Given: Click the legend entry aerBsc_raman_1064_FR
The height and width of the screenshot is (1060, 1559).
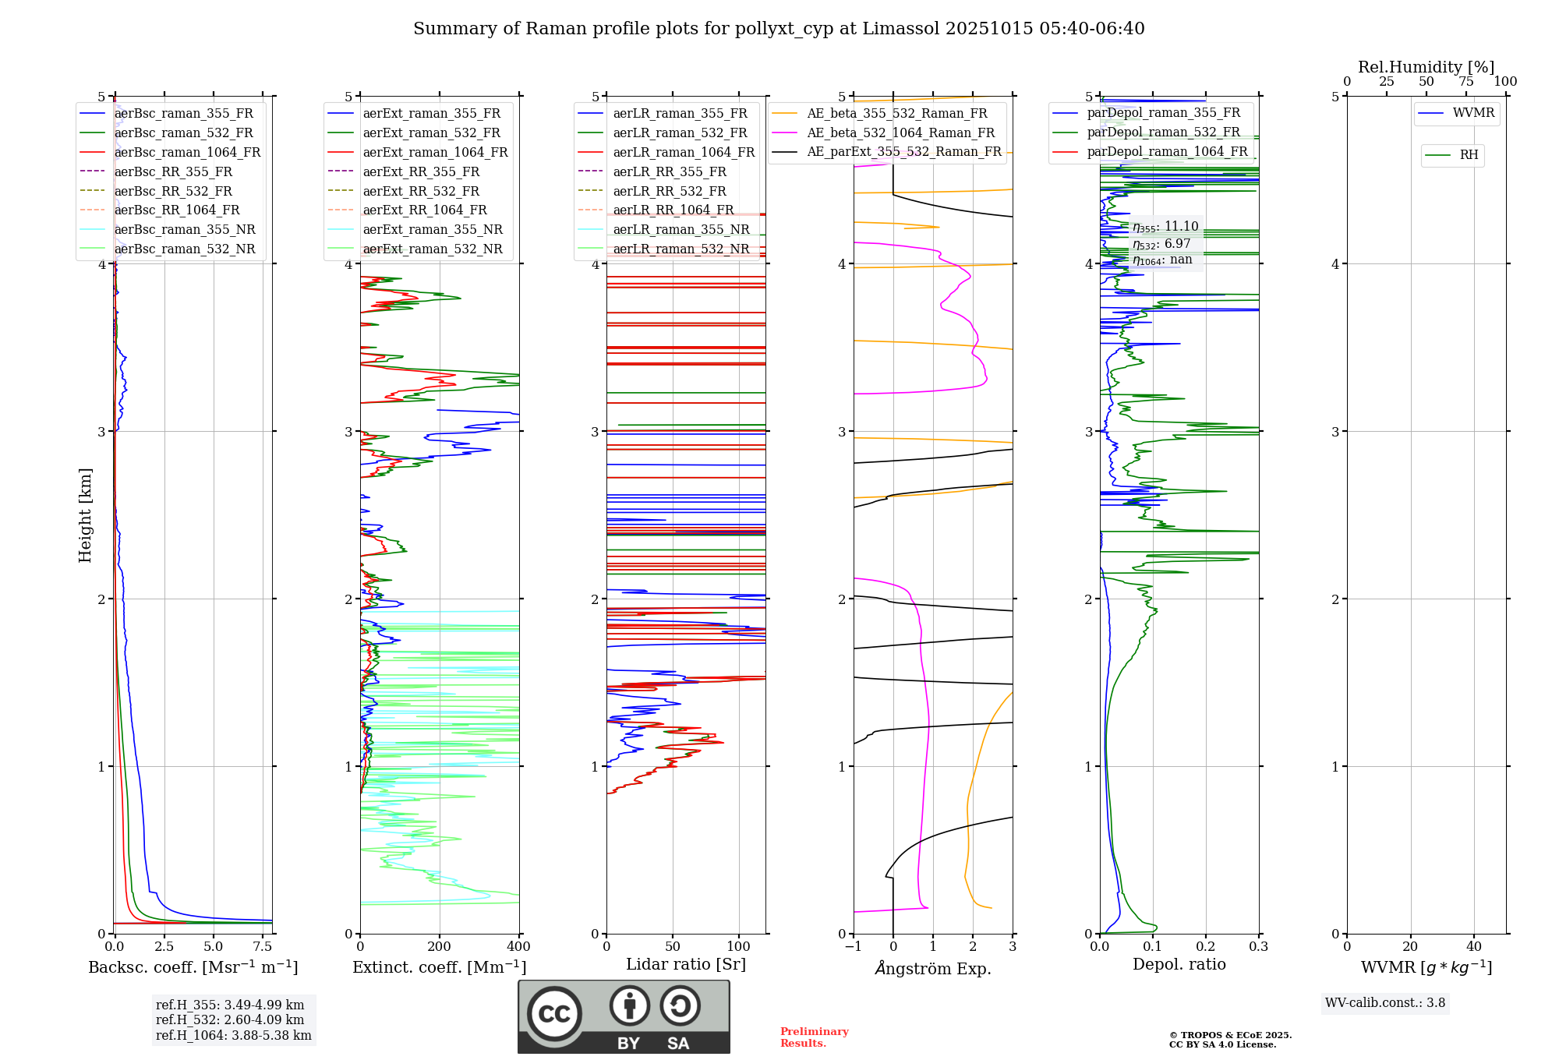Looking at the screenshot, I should click(187, 153).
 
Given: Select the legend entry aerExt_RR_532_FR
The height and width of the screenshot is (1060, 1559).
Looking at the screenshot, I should click(421, 191).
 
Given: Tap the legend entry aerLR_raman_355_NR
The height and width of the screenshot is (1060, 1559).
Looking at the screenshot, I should click(681, 230).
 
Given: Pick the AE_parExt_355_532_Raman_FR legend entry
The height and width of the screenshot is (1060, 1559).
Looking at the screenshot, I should click(903, 152).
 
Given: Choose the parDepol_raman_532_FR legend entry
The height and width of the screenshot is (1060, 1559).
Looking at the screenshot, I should click(1163, 132).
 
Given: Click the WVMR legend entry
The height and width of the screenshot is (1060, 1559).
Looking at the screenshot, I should click(1473, 114).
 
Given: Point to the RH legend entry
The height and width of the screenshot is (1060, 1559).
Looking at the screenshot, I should click(1469, 155).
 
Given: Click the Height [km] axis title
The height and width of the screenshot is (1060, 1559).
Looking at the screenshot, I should click(85, 515).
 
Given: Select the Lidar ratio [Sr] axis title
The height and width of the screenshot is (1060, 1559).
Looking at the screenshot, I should click(685, 964).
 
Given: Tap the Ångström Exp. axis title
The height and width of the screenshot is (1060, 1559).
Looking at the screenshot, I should click(933, 969).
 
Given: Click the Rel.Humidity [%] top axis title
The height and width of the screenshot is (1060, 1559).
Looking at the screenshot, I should click(1426, 67).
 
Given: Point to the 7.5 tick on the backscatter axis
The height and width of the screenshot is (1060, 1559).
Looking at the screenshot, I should click(263, 947).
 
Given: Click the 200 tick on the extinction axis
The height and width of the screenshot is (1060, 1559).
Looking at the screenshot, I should click(440, 947).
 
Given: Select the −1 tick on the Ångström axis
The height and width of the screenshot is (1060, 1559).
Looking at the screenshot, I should click(853, 947).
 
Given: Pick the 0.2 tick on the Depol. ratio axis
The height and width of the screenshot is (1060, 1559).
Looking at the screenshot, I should click(1206, 947).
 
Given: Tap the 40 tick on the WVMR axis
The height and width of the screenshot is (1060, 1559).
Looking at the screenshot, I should click(1473, 947).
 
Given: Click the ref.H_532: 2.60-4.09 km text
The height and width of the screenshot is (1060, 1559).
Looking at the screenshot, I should click(230, 1019).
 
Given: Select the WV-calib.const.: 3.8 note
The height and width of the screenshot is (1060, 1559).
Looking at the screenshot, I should click(1385, 1003).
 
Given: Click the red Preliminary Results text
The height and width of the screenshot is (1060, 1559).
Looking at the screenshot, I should click(814, 1037).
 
